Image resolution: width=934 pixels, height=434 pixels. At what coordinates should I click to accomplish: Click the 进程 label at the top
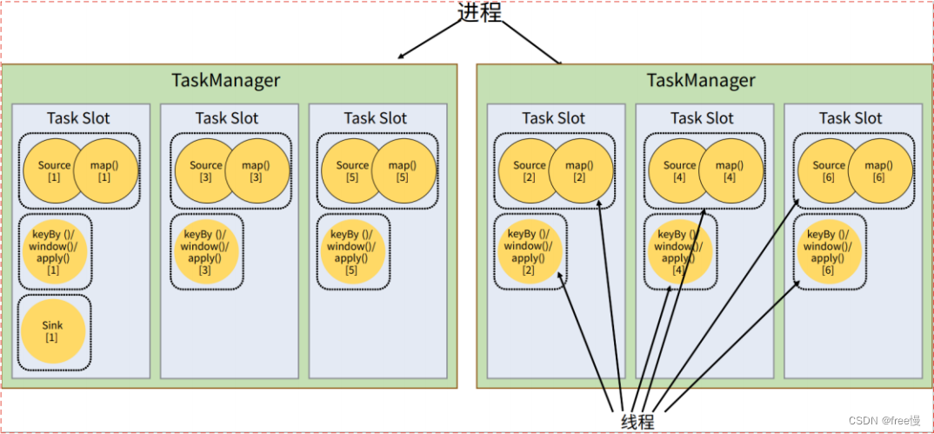click(481, 12)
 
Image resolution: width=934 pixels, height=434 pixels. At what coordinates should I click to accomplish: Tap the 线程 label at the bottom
click(637, 421)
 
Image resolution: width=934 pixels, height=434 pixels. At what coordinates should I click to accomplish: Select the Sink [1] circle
click(52, 331)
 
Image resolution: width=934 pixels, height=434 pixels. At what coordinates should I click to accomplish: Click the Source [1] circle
click(50, 170)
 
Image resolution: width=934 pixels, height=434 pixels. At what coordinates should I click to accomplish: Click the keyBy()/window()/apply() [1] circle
click(53, 251)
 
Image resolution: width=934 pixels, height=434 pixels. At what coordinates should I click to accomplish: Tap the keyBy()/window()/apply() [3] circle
click(205, 251)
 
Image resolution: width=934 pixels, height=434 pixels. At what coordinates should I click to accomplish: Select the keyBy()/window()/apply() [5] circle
click(351, 251)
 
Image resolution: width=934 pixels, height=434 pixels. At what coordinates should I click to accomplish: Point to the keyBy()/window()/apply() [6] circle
click(828, 251)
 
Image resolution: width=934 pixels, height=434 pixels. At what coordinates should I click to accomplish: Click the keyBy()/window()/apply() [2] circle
click(529, 251)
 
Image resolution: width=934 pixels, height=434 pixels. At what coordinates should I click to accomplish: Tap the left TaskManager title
click(226, 81)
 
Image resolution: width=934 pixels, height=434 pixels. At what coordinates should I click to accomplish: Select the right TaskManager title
click(701, 81)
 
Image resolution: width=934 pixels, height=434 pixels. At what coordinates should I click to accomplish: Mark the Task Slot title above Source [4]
click(702, 117)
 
